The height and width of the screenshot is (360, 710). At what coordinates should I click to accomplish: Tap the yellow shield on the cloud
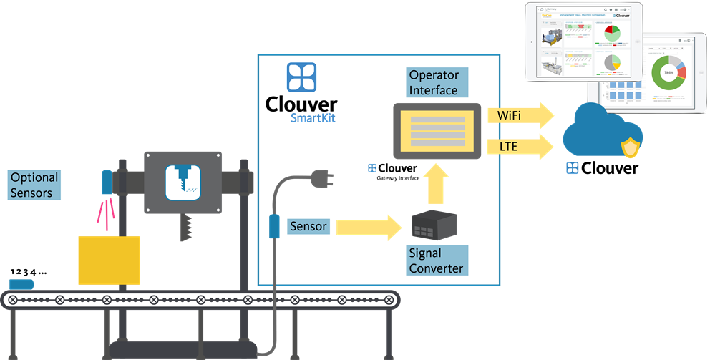630,148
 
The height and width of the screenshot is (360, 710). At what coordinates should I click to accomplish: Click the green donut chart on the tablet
668,73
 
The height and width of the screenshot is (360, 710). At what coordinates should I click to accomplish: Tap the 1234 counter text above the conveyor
28,273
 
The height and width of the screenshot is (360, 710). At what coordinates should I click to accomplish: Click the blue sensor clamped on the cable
273,225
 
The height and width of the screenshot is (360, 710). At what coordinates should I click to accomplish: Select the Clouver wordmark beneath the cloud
602,169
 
